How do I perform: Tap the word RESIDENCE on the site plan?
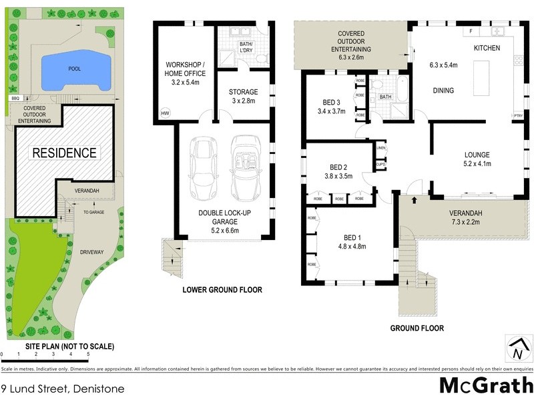pyautogui.click(x=65, y=153)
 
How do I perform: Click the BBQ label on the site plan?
pyautogui.click(x=15, y=99)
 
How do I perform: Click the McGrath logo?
pyautogui.click(x=485, y=385)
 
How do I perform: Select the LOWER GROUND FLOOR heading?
pyautogui.click(x=222, y=290)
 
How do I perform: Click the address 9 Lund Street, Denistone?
pyautogui.click(x=62, y=388)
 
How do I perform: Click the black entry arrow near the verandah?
pyautogui.click(x=415, y=199)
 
